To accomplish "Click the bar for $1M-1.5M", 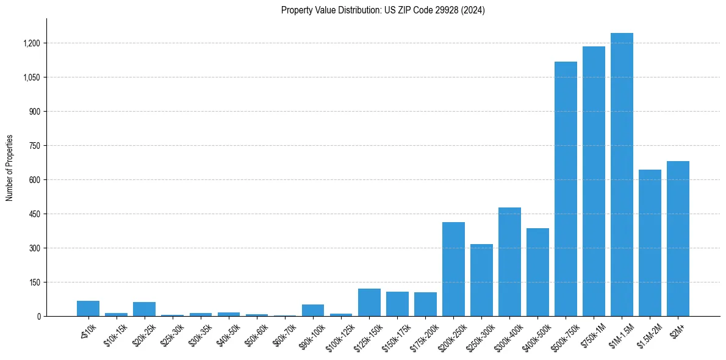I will point(622,175).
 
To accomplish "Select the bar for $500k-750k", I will point(566,189).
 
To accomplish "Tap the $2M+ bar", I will point(678,239).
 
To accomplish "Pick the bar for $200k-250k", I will point(453,269).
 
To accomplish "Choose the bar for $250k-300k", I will point(481,280).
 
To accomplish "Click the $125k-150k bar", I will point(369,303).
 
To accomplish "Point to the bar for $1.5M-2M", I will point(650,243).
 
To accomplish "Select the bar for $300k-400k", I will point(509,262).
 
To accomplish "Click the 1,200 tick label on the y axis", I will point(31,43).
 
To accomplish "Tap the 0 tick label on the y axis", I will point(39,317).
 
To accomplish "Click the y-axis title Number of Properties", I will point(10,168).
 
